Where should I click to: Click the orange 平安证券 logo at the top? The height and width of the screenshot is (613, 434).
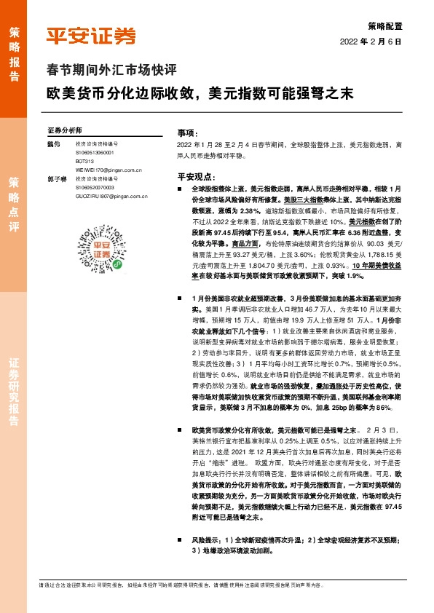coord(91,36)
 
